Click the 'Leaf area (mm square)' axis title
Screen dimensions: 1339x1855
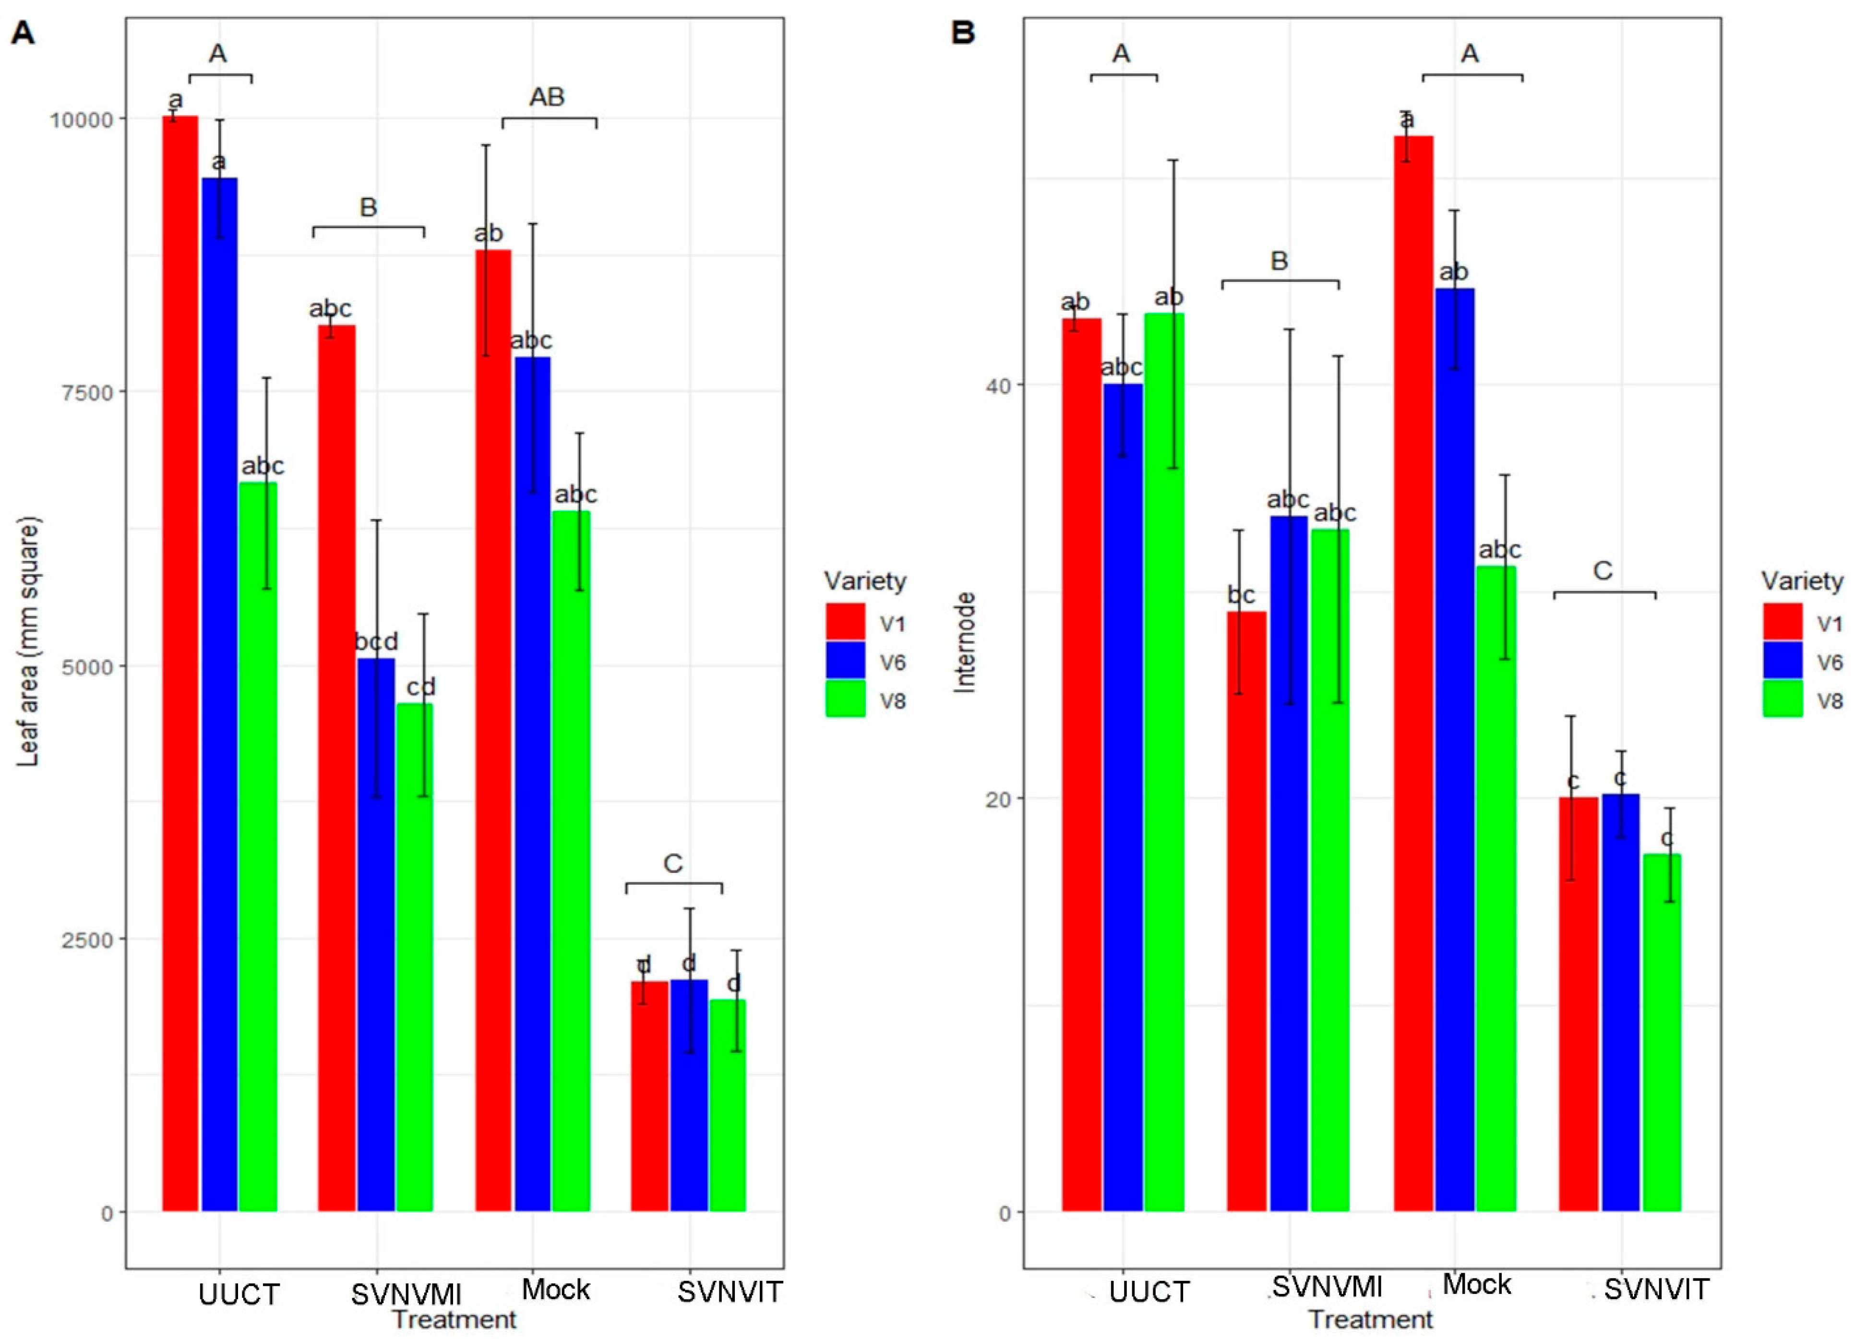pos(29,642)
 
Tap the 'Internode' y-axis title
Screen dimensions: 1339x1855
pos(966,642)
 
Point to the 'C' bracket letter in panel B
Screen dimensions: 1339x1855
pos(1603,571)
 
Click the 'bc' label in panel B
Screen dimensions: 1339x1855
pos(1241,595)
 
